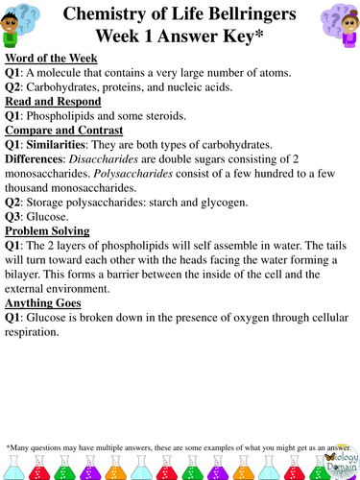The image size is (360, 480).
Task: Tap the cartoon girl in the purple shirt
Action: coord(336,26)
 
